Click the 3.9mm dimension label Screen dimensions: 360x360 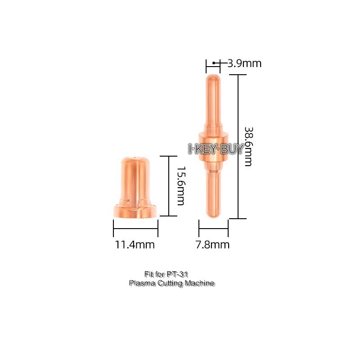[x=244, y=63]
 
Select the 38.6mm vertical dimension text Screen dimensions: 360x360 [x=248, y=146]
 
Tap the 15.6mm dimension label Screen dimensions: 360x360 [x=180, y=186]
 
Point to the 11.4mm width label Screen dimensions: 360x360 [x=135, y=245]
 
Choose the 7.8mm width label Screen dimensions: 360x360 [x=213, y=245]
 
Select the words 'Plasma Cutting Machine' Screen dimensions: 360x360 [x=171, y=283]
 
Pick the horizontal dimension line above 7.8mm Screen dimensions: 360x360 [x=213, y=228]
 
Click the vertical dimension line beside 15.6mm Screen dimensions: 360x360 [x=169, y=186]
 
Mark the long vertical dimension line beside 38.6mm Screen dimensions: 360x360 [x=238, y=146]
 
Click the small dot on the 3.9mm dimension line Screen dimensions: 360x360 [x=214, y=63]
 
